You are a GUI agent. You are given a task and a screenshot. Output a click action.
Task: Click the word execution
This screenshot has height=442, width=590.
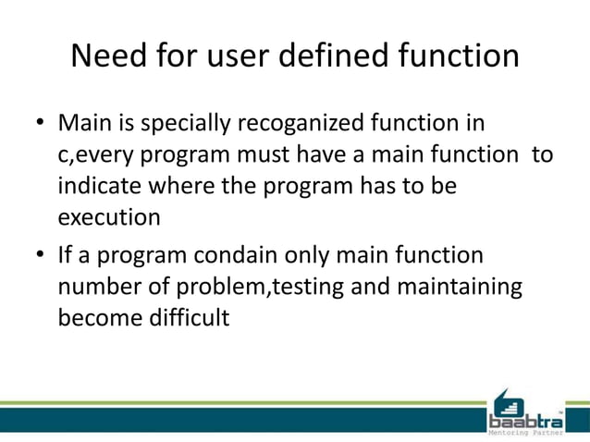(x=109, y=218)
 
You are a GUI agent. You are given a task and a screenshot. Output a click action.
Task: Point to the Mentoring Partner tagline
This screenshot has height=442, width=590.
(x=524, y=432)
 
